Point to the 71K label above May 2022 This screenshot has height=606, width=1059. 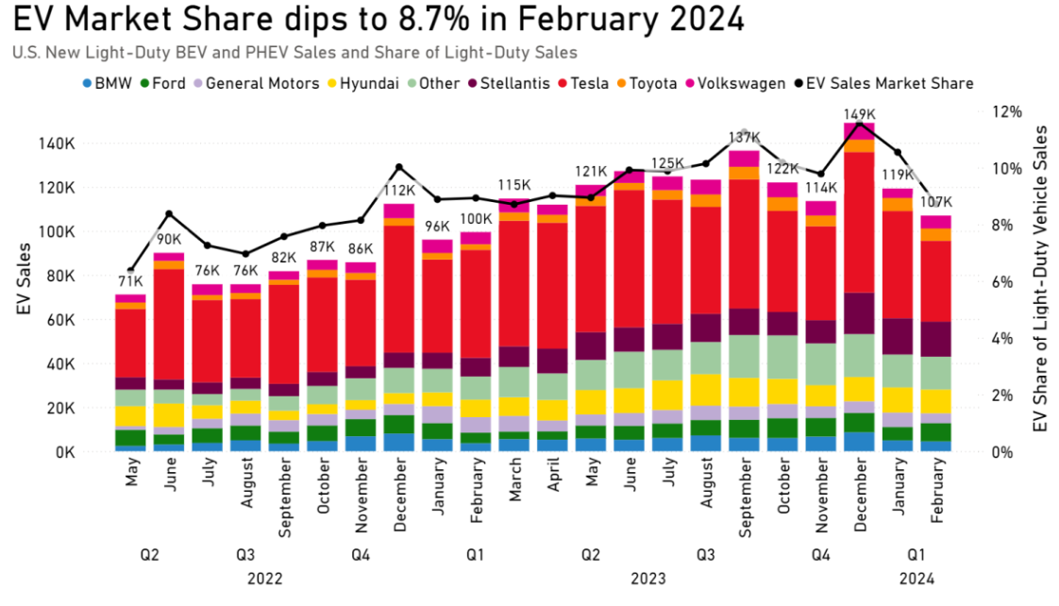click(x=130, y=280)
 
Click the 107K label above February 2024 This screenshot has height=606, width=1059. click(x=935, y=201)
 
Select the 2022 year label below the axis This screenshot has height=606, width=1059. click(x=265, y=578)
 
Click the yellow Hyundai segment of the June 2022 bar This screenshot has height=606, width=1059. click(x=169, y=414)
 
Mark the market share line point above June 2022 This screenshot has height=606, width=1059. click(x=169, y=213)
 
